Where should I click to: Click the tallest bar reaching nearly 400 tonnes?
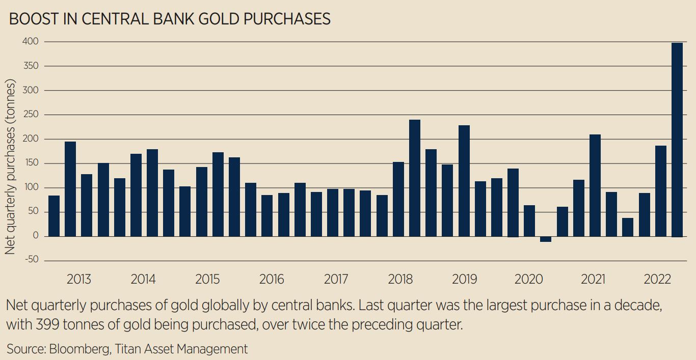coord(677,140)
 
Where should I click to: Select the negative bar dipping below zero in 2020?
coord(546,239)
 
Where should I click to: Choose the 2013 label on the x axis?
coord(79,280)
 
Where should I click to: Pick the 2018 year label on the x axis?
coord(400,280)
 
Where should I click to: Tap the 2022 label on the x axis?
coord(657,280)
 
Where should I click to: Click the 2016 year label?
coord(272,280)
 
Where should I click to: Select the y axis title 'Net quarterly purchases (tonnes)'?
coord(10,168)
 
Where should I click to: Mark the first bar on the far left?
coord(54,216)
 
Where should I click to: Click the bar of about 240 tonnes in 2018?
coord(415,178)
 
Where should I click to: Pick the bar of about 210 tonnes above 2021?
coord(595,185)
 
